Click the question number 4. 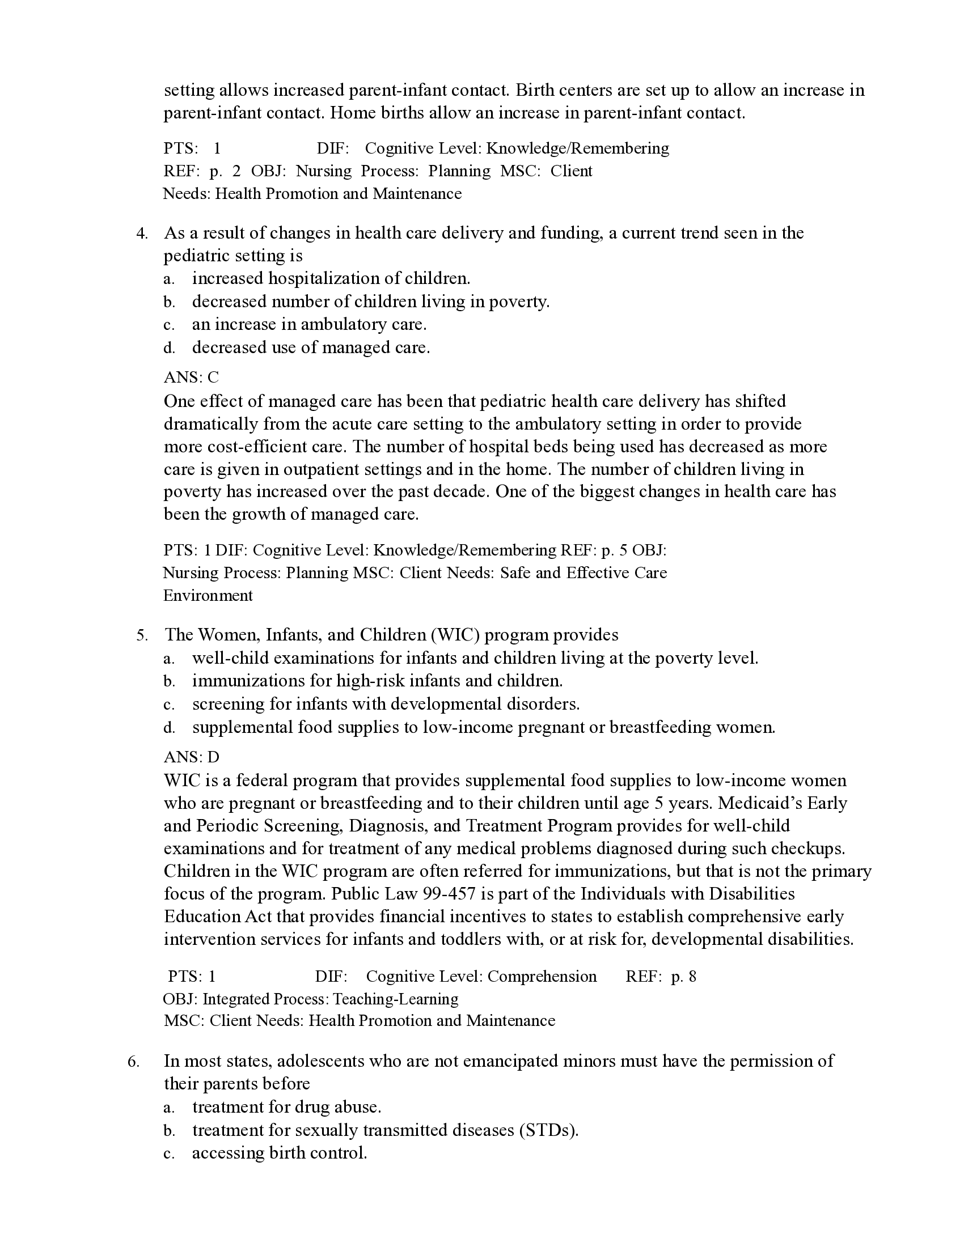(142, 234)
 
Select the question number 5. (142, 635)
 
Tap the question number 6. (133, 1062)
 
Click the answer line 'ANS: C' (191, 378)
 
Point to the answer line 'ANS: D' (191, 757)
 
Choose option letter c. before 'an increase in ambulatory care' (168, 325)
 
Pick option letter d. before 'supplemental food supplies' (168, 728)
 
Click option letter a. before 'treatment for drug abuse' (168, 1108)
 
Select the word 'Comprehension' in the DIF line (542, 977)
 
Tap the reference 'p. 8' (684, 977)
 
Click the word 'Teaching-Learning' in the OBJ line (395, 999)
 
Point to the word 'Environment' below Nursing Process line (208, 596)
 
